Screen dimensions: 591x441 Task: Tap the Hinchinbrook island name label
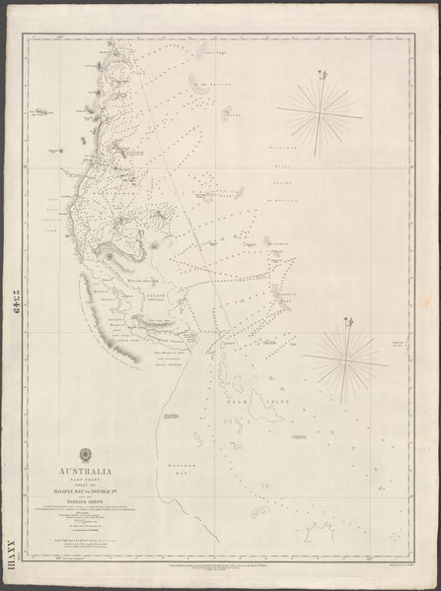click(148, 279)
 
